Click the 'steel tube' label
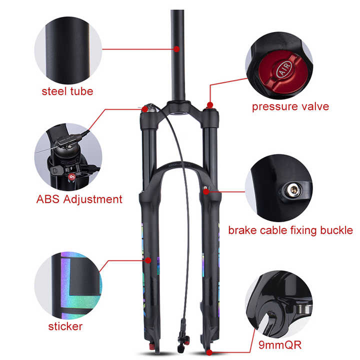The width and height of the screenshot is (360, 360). [67, 91]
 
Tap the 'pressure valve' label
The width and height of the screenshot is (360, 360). [290, 106]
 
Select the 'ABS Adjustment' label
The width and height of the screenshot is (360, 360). [79, 199]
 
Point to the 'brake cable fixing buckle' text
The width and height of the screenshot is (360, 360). [290, 230]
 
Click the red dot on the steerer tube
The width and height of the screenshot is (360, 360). [177, 49]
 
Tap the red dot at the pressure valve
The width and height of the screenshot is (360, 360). [210, 105]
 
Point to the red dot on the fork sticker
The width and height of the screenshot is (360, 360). [142, 259]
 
